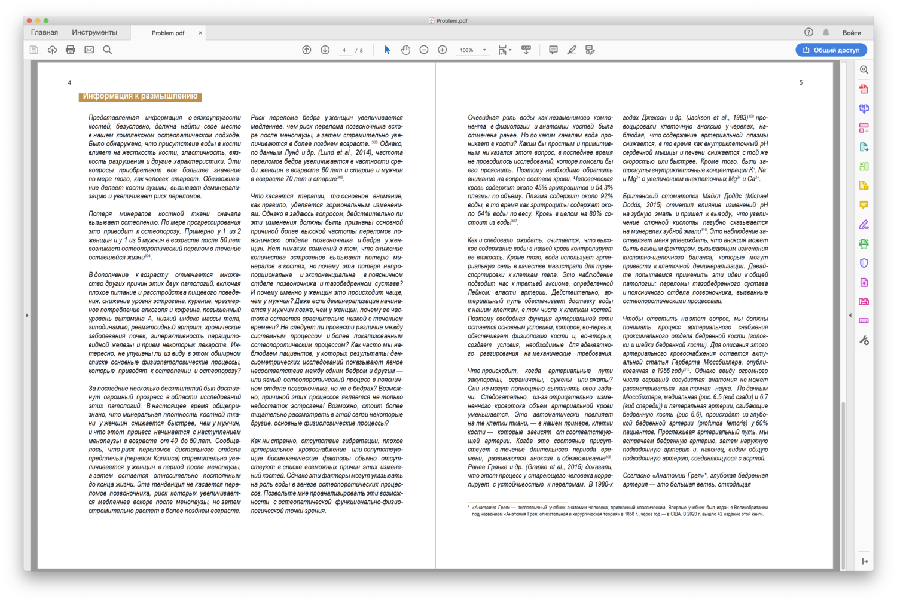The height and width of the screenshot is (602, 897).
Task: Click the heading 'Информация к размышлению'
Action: click(x=140, y=96)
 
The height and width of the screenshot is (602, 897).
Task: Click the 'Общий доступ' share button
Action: click(x=831, y=50)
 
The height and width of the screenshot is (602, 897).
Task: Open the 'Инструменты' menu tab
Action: click(x=94, y=33)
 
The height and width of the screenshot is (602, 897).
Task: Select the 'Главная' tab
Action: click(x=44, y=33)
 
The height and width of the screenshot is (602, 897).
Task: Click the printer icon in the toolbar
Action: click(x=71, y=50)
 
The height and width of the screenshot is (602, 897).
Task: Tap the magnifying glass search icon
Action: click(x=108, y=50)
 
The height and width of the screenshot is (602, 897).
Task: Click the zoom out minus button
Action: click(x=424, y=50)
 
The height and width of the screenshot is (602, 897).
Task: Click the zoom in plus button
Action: click(x=443, y=50)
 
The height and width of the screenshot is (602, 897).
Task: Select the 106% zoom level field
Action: click(x=467, y=50)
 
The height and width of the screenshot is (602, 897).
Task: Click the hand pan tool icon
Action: click(x=405, y=50)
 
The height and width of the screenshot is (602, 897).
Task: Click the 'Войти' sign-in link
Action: click(x=852, y=33)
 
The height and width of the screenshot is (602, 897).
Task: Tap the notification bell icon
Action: click(x=826, y=33)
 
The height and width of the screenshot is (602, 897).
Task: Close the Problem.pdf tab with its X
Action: click(x=200, y=33)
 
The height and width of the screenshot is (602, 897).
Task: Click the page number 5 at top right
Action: click(x=801, y=83)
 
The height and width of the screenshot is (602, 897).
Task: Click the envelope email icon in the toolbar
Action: click(x=89, y=50)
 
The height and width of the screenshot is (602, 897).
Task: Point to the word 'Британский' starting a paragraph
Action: click(x=638, y=196)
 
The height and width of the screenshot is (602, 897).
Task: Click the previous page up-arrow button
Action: click(x=307, y=50)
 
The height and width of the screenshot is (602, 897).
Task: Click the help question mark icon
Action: click(x=808, y=33)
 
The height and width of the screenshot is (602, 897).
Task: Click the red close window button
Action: click(x=29, y=20)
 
